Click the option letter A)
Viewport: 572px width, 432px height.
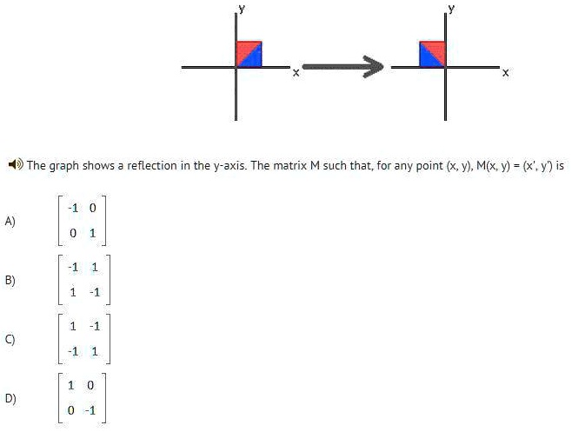coord(10,221)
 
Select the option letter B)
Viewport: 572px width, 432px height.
coord(10,280)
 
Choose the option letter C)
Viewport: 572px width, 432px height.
coord(10,338)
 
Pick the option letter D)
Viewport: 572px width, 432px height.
coord(10,399)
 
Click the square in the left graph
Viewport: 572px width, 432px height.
coord(249,54)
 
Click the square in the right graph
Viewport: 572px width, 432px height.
coord(432,54)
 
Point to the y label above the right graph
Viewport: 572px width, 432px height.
coord(450,7)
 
